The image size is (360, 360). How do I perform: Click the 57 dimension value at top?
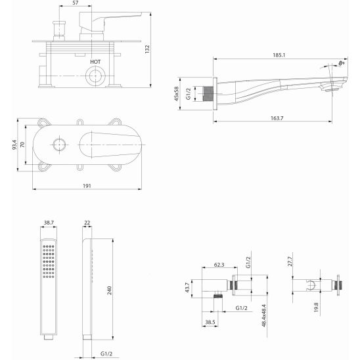[x=76, y=3]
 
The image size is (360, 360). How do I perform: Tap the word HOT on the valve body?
[x=95, y=62]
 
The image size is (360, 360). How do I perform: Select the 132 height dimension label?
[x=147, y=49]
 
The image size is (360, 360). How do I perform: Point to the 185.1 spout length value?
[x=279, y=55]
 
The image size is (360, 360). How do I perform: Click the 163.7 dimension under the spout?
[x=277, y=118]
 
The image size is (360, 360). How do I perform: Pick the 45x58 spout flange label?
[x=176, y=94]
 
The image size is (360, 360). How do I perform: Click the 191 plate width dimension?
[x=87, y=186]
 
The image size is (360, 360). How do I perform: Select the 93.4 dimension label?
[x=14, y=145]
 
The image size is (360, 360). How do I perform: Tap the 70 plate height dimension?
[x=22, y=145]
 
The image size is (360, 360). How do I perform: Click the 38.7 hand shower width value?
[x=49, y=223]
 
